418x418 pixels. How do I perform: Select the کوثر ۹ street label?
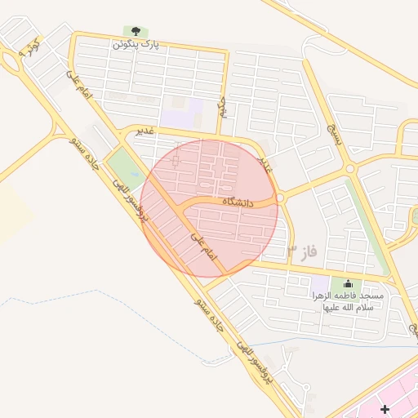tap(28, 50)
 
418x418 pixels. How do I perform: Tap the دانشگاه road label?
tap(238, 201)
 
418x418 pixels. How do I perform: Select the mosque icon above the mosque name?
tap(335, 283)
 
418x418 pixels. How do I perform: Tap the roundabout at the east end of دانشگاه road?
tap(280, 198)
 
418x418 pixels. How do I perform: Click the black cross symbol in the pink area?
tap(385, 407)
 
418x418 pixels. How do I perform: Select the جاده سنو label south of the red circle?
tap(209, 313)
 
